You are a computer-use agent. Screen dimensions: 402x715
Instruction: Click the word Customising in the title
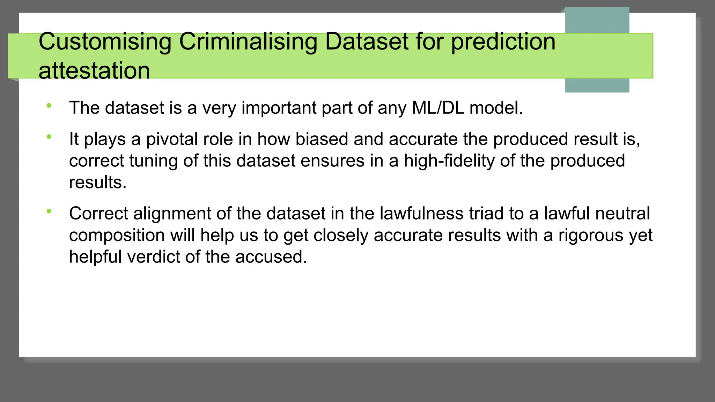105,42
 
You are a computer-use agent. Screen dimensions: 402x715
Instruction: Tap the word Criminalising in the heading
248,42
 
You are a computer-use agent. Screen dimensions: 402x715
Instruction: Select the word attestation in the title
94,71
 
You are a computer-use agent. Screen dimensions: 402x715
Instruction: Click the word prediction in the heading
503,42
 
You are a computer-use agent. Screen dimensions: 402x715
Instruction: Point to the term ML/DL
438,108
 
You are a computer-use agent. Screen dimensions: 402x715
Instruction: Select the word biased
322,139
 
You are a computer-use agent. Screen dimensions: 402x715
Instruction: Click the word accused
271,257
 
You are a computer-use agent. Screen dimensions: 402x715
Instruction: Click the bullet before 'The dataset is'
49,105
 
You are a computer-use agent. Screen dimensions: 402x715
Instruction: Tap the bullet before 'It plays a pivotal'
49,137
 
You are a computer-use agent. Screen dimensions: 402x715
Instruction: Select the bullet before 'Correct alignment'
49,211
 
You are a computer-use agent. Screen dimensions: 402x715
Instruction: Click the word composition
117,236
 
